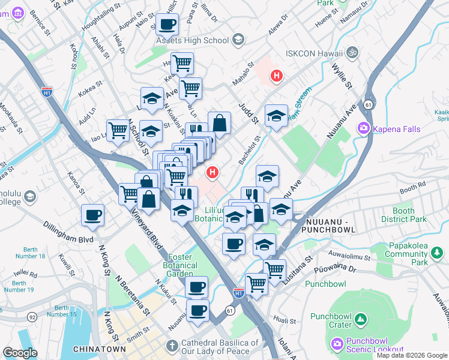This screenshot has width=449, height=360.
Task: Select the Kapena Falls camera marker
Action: pyautogui.click(x=364, y=128)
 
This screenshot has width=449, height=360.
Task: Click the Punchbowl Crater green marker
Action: pyautogui.click(x=360, y=320)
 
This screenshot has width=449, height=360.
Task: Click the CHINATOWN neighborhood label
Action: pyautogui.click(x=99, y=349)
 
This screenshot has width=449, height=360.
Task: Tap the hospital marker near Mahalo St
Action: pyautogui.click(x=276, y=76)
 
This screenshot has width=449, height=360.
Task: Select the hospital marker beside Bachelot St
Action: pyautogui.click(x=211, y=173)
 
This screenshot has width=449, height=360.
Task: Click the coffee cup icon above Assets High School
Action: pyautogui.click(x=167, y=25)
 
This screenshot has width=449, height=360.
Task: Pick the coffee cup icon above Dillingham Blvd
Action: pyautogui.click(x=92, y=215)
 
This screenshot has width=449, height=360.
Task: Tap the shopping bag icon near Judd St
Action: pyautogui.click(x=220, y=122)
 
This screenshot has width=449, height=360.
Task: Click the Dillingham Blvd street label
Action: pyautogui.click(x=68, y=232)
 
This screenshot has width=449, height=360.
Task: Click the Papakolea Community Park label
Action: pyautogui.click(x=406, y=253)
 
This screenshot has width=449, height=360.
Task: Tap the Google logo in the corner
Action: pyautogui.click(x=20, y=352)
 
